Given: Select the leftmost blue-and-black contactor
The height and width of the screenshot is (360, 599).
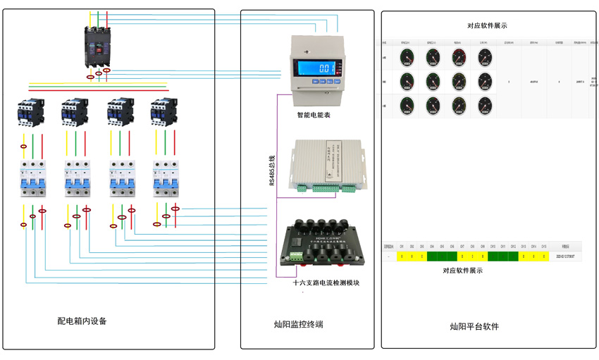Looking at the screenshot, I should pyautogui.click(x=31, y=111).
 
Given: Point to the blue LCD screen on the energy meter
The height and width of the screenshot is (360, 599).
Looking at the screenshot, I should pyautogui.click(x=317, y=69).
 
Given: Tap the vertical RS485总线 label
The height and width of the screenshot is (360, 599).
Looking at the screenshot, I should pyautogui.click(x=272, y=170).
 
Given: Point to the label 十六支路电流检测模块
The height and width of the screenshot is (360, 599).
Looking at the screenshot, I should pyautogui.click(x=326, y=283).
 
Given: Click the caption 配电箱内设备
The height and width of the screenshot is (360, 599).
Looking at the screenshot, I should pyautogui.click(x=82, y=321).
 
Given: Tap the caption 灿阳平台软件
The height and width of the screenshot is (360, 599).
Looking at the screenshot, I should pyautogui.click(x=474, y=326).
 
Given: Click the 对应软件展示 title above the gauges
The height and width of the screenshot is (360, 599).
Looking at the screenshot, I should pyautogui.click(x=487, y=26).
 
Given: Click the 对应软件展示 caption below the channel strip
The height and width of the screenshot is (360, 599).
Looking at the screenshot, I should pyautogui.click(x=463, y=271).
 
